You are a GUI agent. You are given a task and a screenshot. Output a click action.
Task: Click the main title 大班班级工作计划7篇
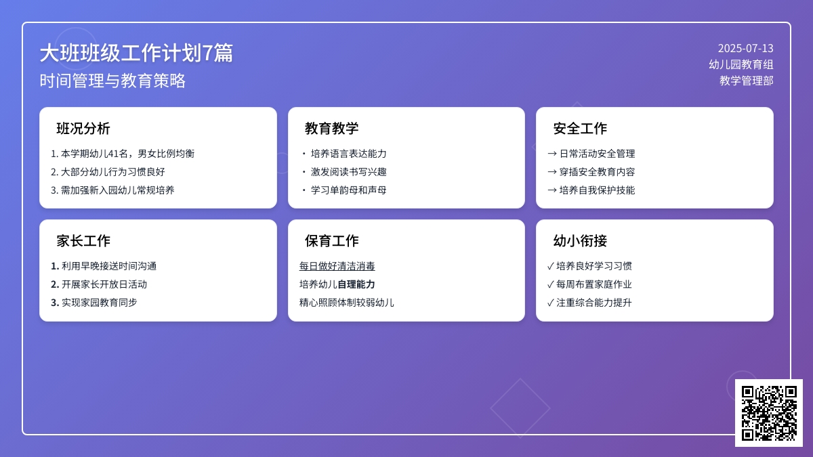(x=136, y=53)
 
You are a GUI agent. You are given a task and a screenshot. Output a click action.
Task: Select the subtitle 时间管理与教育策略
(x=112, y=81)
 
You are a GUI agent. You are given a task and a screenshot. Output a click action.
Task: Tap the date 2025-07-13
(x=745, y=48)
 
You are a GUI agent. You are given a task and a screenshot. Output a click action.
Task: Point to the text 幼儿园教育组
(x=741, y=64)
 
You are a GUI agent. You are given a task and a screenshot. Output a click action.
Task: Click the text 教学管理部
(x=746, y=81)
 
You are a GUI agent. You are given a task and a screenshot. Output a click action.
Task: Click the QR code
(x=769, y=413)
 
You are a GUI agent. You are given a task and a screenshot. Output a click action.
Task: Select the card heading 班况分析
(x=83, y=129)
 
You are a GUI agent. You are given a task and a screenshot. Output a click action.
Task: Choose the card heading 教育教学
(x=332, y=129)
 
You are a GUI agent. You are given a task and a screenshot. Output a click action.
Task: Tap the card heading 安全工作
(x=580, y=129)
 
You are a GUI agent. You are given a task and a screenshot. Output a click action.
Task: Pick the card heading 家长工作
(x=83, y=241)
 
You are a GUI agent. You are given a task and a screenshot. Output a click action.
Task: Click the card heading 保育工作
(x=332, y=241)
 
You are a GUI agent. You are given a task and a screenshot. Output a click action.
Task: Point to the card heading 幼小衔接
(x=580, y=241)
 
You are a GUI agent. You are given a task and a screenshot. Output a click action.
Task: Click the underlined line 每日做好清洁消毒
(x=337, y=266)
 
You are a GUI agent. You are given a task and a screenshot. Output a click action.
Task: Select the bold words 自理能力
(x=356, y=284)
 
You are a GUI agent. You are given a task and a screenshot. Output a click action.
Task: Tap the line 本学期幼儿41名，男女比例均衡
(x=123, y=154)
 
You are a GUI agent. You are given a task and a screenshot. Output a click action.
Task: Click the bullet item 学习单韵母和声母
(x=349, y=190)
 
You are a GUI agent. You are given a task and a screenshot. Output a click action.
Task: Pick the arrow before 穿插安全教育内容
(x=552, y=172)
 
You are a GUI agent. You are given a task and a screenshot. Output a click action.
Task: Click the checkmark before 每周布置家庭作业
(x=550, y=284)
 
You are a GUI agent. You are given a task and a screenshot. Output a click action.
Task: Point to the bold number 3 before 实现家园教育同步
(x=55, y=303)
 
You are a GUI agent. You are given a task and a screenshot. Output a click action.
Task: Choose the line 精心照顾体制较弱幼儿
(x=347, y=303)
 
